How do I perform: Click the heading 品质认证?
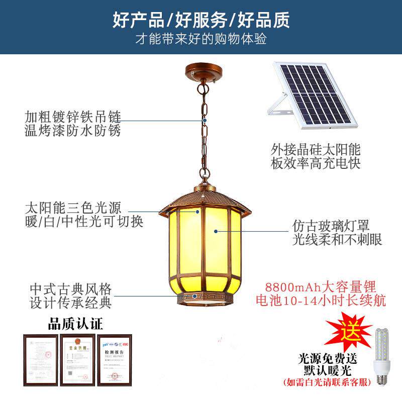click(x=75, y=322)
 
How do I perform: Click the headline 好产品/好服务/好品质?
click(x=201, y=20)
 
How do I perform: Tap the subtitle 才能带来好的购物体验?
click(x=201, y=39)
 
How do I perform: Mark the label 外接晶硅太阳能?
click(x=316, y=150)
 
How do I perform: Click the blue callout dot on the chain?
click(x=205, y=121)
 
